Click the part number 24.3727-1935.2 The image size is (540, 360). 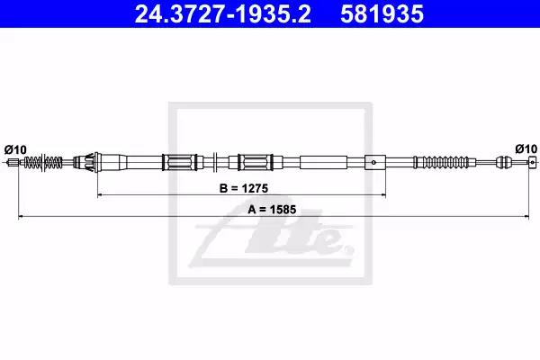click(x=223, y=13)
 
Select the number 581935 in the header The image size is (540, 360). click(x=382, y=13)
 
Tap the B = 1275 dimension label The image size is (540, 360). click(x=244, y=188)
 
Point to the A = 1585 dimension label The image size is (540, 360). click(x=272, y=210)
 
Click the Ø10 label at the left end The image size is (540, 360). click(x=15, y=150)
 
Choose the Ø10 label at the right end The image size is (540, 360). click(x=526, y=148)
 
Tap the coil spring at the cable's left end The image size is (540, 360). click(x=43, y=162)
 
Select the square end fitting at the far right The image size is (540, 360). click(x=533, y=161)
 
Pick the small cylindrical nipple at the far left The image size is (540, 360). click(x=13, y=162)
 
